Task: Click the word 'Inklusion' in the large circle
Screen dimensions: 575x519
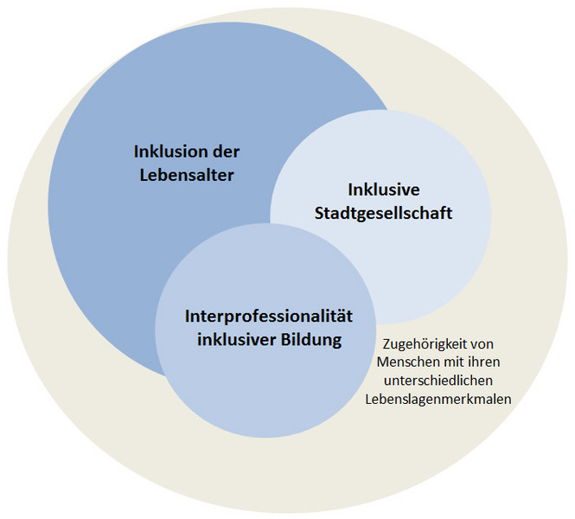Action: [x=167, y=151]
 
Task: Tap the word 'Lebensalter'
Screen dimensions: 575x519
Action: [x=187, y=175]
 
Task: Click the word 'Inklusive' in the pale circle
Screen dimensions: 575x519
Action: [x=384, y=189]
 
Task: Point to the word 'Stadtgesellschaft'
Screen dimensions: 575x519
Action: [x=384, y=213]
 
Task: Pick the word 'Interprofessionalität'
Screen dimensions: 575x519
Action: [x=269, y=317]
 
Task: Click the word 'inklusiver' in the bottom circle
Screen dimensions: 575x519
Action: [x=237, y=340]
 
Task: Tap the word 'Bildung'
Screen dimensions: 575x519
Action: [x=311, y=340]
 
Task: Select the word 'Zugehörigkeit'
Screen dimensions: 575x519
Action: [x=421, y=344]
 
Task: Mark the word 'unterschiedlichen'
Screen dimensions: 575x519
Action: [x=438, y=381]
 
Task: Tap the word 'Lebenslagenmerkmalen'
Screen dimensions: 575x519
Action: [x=438, y=399]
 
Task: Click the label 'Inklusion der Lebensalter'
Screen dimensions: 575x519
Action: [x=187, y=163]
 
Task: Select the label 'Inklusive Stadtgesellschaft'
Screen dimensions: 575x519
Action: [x=384, y=202]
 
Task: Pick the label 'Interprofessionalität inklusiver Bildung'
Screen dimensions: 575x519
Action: [x=269, y=329]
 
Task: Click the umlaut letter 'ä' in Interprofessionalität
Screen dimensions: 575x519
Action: [x=339, y=317]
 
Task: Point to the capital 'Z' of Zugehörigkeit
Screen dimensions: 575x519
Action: [x=387, y=344]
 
